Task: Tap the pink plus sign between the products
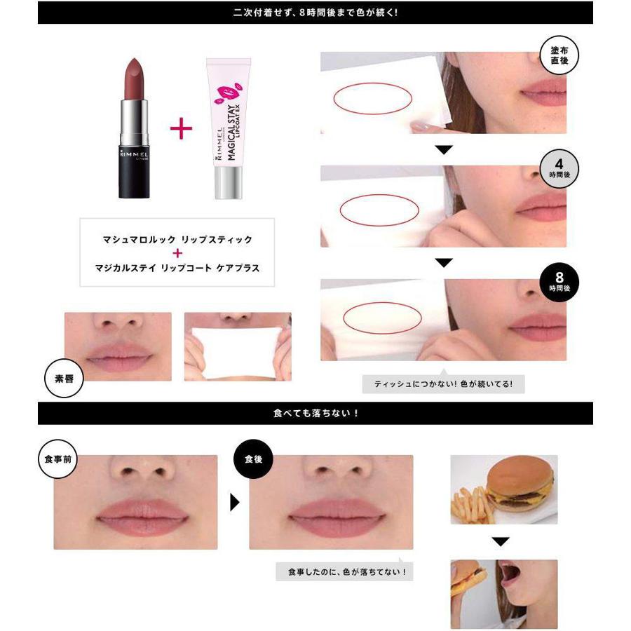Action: point(181,128)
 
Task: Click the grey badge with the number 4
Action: point(559,169)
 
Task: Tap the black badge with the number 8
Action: point(559,282)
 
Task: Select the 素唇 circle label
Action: point(65,379)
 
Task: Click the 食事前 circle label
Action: point(57,459)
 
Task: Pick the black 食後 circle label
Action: point(252,459)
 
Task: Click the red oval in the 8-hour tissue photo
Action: point(381,317)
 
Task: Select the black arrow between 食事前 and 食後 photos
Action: point(235,502)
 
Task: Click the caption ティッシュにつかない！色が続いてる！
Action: point(443,384)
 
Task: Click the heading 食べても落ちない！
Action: point(315,413)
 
